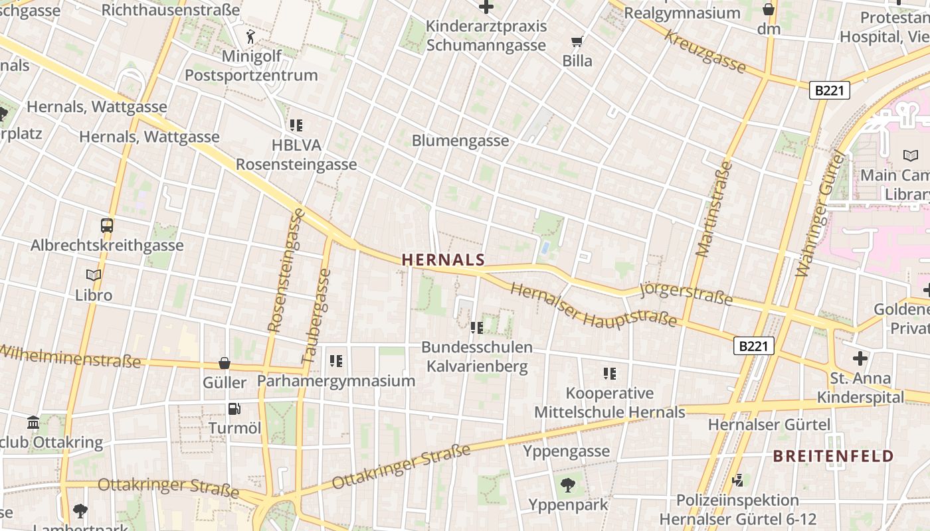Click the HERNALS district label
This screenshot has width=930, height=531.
(x=443, y=260)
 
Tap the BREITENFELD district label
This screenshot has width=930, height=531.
(x=833, y=456)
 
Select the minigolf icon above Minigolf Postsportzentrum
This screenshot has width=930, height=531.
(x=250, y=35)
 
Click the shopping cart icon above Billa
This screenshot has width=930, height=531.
(x=577, y=42)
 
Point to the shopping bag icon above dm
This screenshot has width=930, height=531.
(x=768, y=9)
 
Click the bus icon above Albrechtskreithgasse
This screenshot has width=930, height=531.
(x=106, y=226)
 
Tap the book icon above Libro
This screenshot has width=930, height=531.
(x=94, y=275)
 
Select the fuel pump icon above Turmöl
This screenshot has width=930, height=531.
(x=234, y=409)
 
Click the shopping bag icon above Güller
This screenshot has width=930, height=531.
(x=225, y=363)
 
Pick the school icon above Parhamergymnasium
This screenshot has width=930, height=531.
(x=336, y=361)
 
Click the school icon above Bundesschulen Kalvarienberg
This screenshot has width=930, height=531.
(x=476, y=327)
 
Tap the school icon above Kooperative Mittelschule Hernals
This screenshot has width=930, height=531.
(x=609, y=374)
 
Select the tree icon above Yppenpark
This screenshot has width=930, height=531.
(x=567, y=485)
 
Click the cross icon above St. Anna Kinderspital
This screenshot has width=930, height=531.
(x=860, y=359)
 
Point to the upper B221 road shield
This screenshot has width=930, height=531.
(x=829, y=90)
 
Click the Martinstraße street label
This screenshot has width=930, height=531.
(x=713, y=208)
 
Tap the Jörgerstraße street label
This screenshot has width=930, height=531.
(x=686, y=295)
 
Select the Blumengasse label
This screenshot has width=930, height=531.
(x=460, y=141)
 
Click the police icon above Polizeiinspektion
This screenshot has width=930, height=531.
(x=737, y=480)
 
